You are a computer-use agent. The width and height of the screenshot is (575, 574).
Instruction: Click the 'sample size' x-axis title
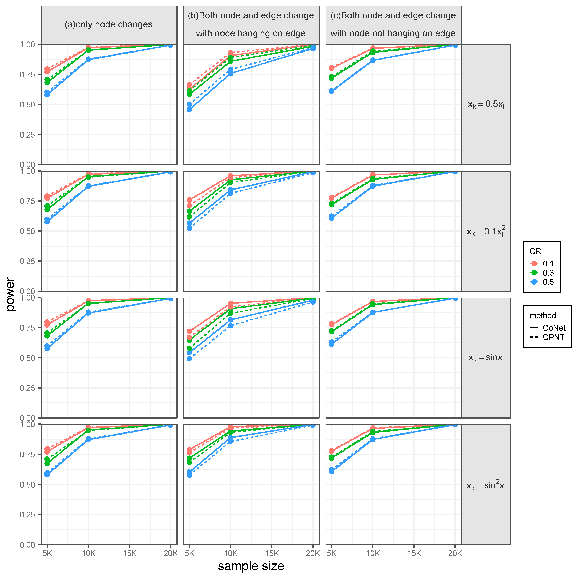coord(251,566)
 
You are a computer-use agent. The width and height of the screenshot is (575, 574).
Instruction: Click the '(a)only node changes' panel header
coord(109,24)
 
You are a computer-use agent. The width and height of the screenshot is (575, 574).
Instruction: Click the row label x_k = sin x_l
coord(486,358)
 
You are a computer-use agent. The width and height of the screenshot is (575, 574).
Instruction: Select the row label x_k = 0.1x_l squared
coord(486,231)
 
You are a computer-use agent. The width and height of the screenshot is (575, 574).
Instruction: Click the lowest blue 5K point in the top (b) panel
coord(189,109)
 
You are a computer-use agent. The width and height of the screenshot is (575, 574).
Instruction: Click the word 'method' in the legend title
coord(542,315)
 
